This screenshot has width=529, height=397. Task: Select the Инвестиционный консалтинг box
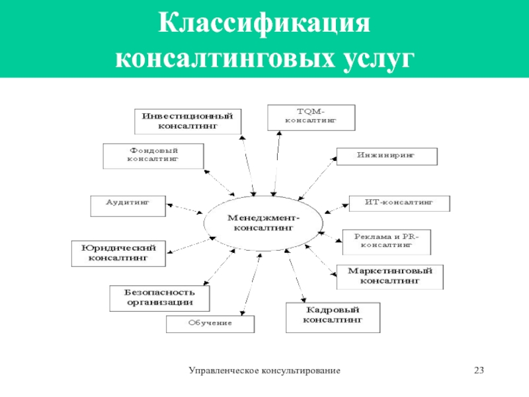[x=188, y=120]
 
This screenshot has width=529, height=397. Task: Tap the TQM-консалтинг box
[x=311, y=117]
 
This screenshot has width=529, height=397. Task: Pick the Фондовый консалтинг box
[x=153, y=155]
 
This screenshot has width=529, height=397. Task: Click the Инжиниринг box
[x=387, y=156]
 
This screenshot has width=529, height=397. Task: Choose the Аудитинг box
[x=128, y=204]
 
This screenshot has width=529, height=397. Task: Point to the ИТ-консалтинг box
[x=399, y=204]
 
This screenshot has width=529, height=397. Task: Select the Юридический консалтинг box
[x=118, y=253]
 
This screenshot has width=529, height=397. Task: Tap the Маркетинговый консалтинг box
[x=389, y=276]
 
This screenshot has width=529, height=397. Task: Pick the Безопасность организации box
[x=159, y=297]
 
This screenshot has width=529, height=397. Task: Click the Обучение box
[x=210, y=324]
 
